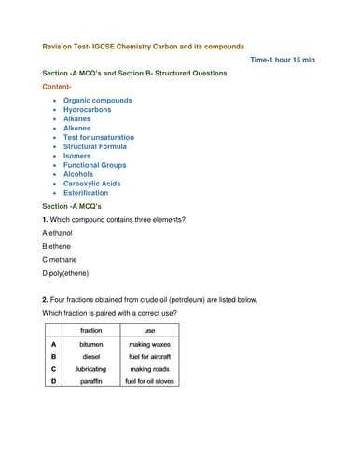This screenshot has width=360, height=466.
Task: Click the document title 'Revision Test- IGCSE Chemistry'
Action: point(144,44)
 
